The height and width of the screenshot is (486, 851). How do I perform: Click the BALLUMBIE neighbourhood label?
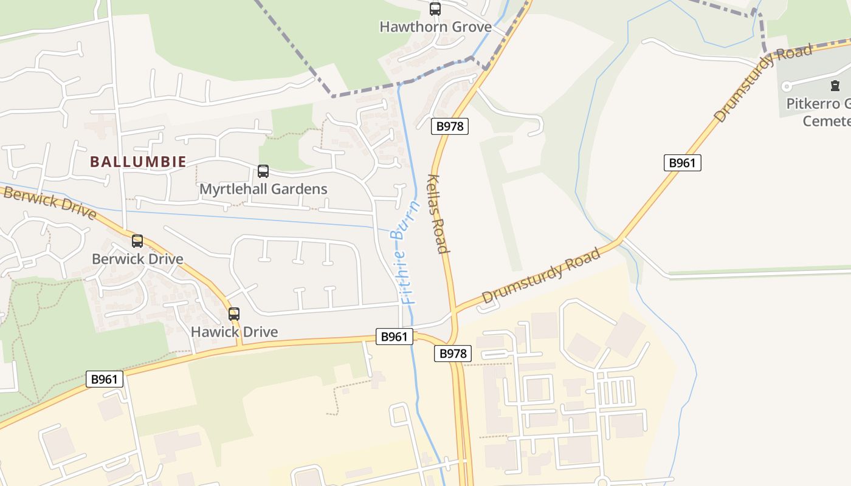[x=138, y=162]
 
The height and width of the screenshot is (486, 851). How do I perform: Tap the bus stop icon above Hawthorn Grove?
[x=435, y=9]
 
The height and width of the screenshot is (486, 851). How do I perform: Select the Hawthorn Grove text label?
[x=435, y=27]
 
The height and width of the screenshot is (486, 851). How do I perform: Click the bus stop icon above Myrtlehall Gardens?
[x=263, y=171]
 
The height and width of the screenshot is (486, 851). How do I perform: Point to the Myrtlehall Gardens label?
[x=263, y=189]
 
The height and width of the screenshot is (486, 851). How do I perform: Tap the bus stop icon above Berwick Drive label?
[x=137, y=241]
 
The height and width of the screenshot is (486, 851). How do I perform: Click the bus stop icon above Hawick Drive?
[x=234, y=314]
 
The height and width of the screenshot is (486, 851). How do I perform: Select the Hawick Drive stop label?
[x=234, y=332]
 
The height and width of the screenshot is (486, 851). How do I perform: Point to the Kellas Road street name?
[x=439, y=214]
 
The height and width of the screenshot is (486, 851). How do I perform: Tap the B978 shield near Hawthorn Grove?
[x=450, y=126]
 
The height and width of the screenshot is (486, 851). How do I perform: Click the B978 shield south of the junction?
[x=453, y=354]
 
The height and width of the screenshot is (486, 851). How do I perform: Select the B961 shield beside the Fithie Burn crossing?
[x=394, y=337]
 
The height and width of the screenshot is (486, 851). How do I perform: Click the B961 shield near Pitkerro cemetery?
[x=682, y=163]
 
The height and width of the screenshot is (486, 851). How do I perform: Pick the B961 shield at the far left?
[x=105, y=380]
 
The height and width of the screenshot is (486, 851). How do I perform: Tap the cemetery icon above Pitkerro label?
[x=834, y=86]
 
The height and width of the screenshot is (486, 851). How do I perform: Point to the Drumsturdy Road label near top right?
[x=763, y=83]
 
